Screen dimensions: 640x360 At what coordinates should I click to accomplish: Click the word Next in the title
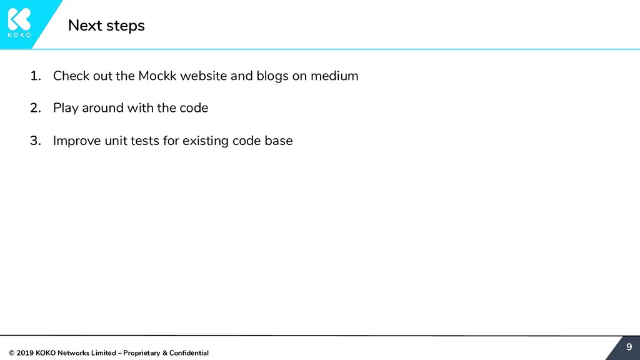click(x=81, y=26)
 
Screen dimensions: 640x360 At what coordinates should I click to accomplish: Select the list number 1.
click(x=36, y=76)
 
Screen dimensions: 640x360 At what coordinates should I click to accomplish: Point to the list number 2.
click(x=36, y=108)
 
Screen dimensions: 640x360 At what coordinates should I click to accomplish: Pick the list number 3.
click(x=36, y=141)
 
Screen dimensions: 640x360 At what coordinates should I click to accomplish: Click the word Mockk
click(x=157, y=76)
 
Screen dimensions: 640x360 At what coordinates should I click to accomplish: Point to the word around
click(x=102, y=108)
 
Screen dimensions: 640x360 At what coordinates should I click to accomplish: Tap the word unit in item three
click(x=116, y=141)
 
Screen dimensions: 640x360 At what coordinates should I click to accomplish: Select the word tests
click(x=146, y=141)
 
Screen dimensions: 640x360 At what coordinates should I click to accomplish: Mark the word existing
click(x=206, y=141)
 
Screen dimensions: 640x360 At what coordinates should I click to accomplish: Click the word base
click(x=278, y=141)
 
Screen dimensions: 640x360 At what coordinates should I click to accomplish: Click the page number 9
click(x=629, y=347)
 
